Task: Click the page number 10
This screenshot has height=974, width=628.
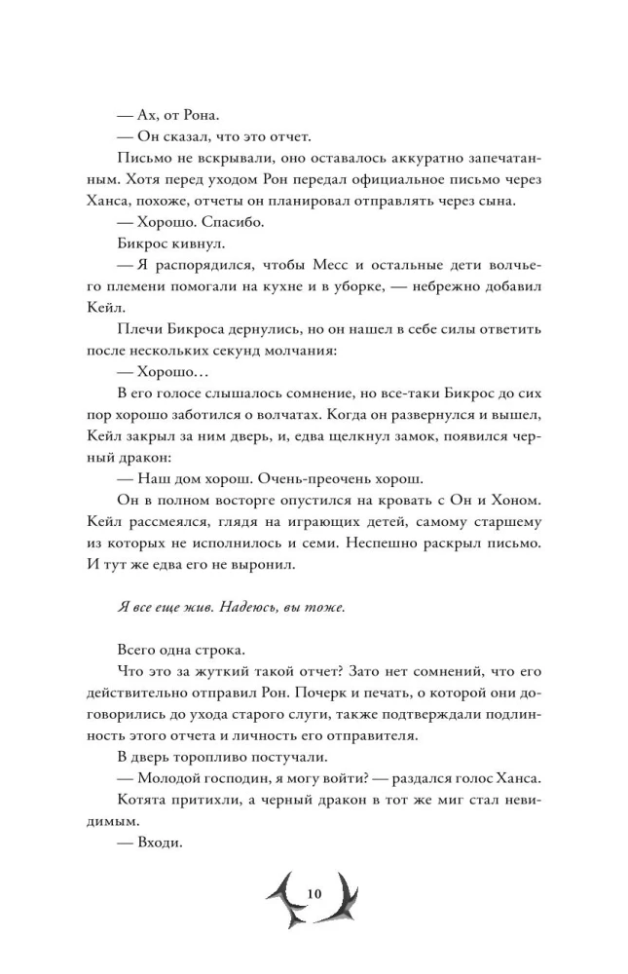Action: [313, 894]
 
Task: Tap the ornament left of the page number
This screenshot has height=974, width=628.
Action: [282, 897]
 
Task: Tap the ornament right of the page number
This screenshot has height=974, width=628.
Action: [343, 897]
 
